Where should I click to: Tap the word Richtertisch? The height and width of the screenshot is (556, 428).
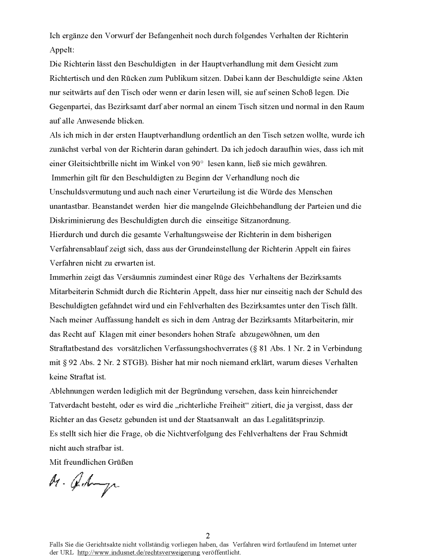point(71,78)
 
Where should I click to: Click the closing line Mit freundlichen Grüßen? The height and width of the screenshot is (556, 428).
point(92,462)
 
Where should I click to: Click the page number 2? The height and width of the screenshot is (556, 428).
point(208,536)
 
